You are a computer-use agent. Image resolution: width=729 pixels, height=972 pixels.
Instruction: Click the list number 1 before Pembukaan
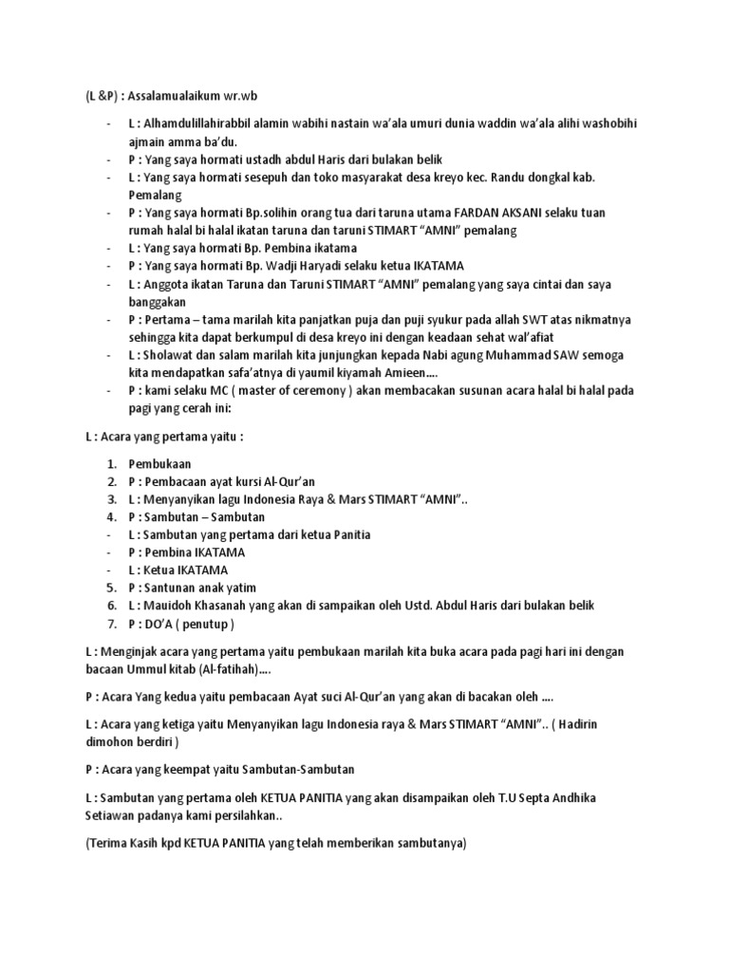pos(111,463)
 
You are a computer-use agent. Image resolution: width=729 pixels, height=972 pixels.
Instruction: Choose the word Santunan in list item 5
pos(172,588)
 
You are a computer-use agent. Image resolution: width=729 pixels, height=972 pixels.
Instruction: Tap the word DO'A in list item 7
pos(162,624)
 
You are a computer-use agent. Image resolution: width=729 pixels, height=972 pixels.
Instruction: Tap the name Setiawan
pos(114,813)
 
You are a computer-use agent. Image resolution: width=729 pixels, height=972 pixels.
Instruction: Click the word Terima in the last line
pos(111,841)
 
